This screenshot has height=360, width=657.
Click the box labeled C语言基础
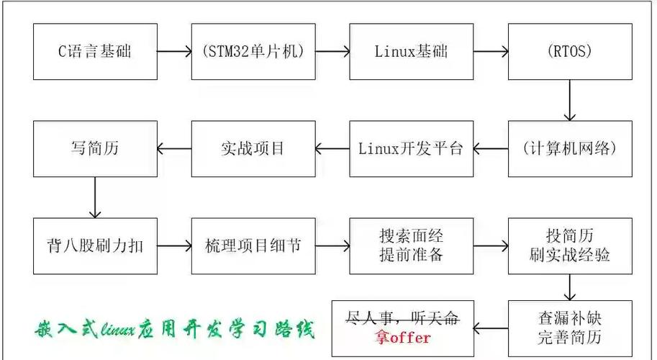tap(95, 52)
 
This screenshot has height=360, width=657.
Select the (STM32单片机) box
tap(253, 52)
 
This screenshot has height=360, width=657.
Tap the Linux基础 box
tap(412, 52)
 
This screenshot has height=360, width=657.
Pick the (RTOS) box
tap(570, 52)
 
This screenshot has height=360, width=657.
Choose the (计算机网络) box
tap(570, 149)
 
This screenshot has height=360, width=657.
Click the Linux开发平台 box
tap(412, 149)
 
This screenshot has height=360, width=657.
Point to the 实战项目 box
tap(253, 149)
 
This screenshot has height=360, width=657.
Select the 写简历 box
tap(95, 149)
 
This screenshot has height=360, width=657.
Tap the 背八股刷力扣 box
tap(95, 246)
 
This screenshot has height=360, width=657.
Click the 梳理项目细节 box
tap(253, 246)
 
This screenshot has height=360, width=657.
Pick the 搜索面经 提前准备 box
tap(412, 246)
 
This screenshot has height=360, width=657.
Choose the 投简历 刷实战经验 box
tap(570, 246)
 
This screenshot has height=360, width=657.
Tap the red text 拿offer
tap(402, 337)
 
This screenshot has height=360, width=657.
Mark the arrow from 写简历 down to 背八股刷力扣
tap(95, 197)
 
